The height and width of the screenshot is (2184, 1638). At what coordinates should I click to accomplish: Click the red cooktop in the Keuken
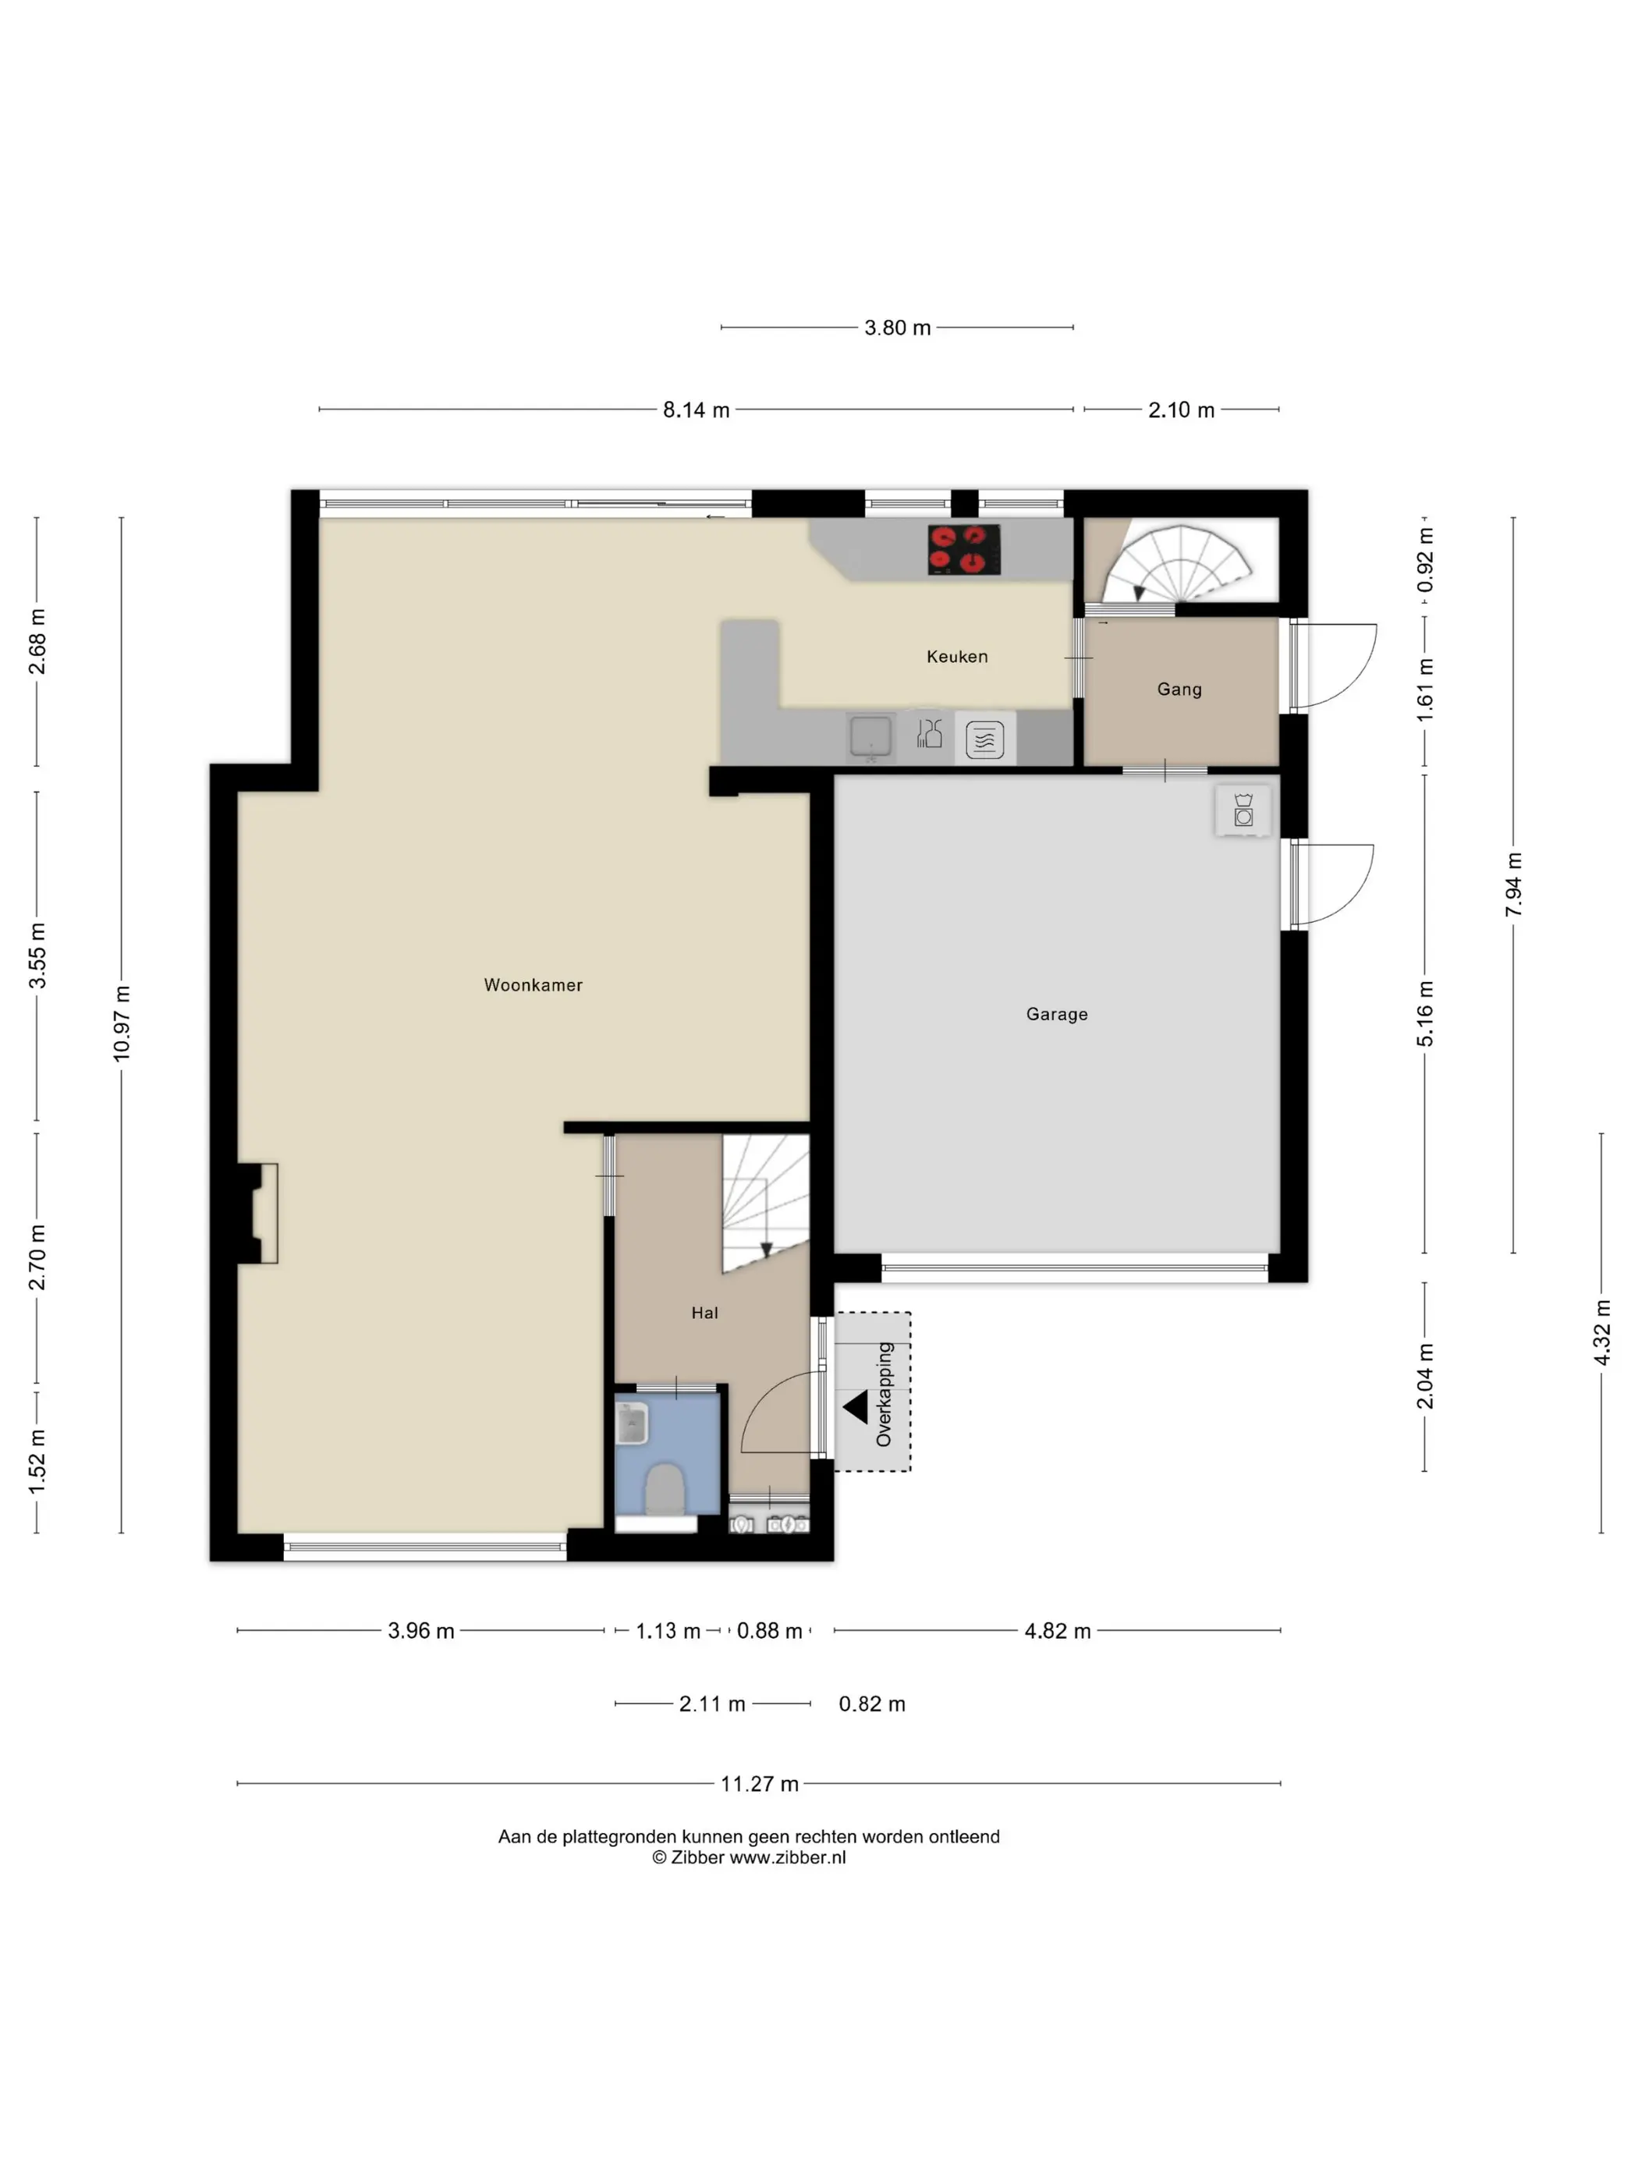pos(963,549)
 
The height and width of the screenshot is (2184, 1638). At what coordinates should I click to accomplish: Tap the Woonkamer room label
pos(534,984)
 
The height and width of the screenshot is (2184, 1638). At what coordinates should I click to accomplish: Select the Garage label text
pos(1056,1014)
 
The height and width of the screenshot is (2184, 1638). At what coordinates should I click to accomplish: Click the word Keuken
pos(957,657)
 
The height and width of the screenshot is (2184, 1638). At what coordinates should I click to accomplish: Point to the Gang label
pos(1179,690)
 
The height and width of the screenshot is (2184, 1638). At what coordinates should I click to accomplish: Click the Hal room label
pos(705,1312)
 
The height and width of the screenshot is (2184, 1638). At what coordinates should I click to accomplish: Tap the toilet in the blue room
pos(665,1488)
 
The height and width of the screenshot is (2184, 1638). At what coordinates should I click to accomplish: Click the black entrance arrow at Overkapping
pos(855,1407)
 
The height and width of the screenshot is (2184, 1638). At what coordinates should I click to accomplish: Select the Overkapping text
pos(884,1394)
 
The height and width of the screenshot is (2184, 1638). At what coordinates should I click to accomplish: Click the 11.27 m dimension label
pos(759,1783)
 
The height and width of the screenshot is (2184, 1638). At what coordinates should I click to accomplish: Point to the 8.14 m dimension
pos(696,409)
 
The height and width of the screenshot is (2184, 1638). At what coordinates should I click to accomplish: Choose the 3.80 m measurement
pos(898,328)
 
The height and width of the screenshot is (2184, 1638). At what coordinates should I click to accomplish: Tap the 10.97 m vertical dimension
pos(122,1024)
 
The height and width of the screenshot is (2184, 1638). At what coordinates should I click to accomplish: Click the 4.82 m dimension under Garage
pos(1058,1631)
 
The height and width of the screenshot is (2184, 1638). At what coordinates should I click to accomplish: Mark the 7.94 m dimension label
pos(1514,885)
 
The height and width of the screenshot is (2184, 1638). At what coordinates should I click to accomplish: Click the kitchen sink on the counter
pos(870,736)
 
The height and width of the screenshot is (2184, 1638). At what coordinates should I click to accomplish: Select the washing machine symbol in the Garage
pos(1243,812)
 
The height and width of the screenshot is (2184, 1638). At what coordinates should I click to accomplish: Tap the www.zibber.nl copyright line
pos(748,1857)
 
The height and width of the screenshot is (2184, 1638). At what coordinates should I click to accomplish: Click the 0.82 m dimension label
pos(872,1704)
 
